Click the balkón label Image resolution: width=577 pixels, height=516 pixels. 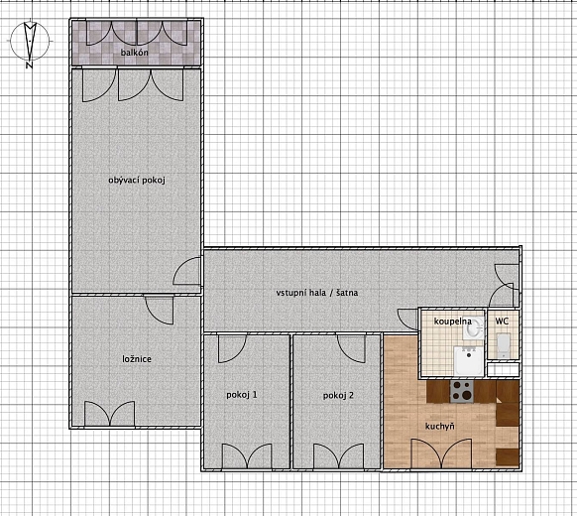click(134, 53)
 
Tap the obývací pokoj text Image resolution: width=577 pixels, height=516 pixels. click(137, 180)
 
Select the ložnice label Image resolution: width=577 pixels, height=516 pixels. click(137, 359)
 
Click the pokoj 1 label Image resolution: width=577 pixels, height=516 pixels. click(242, 395)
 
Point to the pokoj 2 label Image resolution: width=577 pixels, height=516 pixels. click(338, 395)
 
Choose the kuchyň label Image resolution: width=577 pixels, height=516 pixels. click(440, 426)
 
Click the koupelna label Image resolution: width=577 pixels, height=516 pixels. click(453, 322)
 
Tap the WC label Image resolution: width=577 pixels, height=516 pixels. click(502, 321)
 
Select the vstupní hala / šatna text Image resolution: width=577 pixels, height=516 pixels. click(317, 293)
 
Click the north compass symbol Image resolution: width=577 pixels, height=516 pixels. click(30, 42)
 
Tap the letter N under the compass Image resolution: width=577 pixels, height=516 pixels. click(29, 65)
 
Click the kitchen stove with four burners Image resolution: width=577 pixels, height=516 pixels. click(462, 391)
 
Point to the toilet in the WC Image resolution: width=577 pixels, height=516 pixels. click(503, 345)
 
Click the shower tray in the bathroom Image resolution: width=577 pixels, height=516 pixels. click(468, 361)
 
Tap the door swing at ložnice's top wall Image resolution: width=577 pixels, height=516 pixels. click(160, 310)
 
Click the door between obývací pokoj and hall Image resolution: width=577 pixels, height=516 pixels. click(187, 271)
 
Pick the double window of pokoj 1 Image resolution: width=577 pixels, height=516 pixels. click(247, 456)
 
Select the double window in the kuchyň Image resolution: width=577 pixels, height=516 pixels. click(441, 453)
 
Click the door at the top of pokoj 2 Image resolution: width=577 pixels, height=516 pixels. click(351, 348)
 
